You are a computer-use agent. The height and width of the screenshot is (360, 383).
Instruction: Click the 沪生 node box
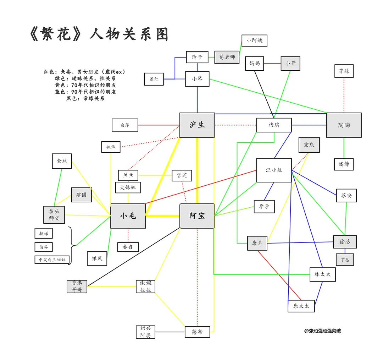pos(197,125)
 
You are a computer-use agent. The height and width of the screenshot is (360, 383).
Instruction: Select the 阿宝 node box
pos(197,216)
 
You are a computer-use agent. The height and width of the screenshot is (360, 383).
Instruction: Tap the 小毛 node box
pos(128,216)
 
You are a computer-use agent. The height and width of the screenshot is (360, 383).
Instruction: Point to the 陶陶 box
pos(344,125)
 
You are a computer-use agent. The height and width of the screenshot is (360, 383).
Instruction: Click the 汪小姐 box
pos(274,170)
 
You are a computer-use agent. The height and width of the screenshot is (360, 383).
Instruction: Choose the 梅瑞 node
pos(274,125)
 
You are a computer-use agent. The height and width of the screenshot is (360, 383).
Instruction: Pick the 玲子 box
pos(197,57)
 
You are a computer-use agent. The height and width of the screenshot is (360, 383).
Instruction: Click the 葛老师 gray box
pos(227,57)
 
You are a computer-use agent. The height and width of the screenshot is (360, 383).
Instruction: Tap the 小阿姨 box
pos(254,40)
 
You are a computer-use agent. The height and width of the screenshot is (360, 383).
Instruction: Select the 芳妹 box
pos(344,71)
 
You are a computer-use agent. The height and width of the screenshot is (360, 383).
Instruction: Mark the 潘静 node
pos(344,164)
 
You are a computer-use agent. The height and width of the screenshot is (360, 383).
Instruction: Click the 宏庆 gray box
pos(309,145)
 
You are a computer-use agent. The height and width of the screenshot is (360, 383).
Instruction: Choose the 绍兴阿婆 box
pos(145,332)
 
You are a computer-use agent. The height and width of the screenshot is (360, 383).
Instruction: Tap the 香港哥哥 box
pos(77,286)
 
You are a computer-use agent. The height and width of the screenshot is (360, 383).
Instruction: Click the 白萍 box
pos(125,125)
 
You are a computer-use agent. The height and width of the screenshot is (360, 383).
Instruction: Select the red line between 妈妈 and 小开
pos(272,64)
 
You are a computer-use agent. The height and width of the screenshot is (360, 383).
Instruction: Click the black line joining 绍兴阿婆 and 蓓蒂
pos(170,332)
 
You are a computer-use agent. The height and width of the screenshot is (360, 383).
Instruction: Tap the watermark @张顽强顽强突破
pos(322,331)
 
